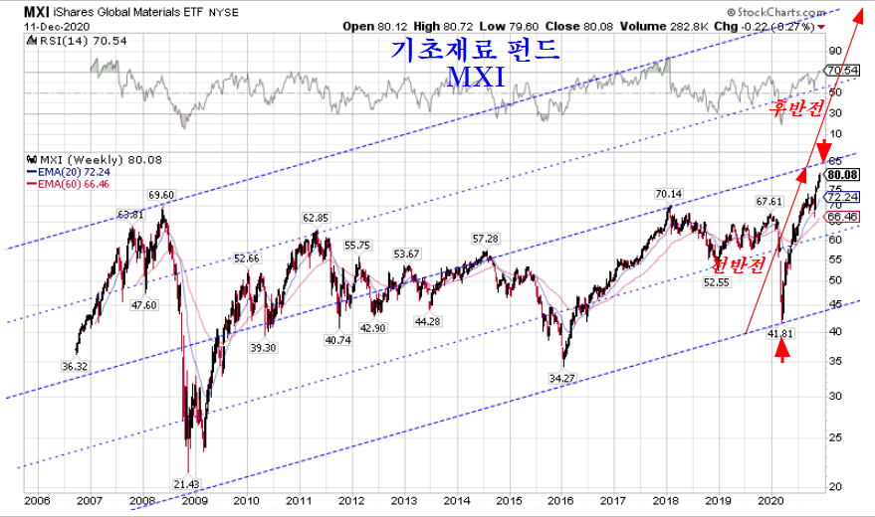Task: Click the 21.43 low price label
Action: [x=187, y=484]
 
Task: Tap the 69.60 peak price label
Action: [x=162, y=195]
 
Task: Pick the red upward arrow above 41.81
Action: [x=783, y=351]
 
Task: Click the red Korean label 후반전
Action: [x=799, y=108]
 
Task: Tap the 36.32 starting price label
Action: [x=76, y=367]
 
